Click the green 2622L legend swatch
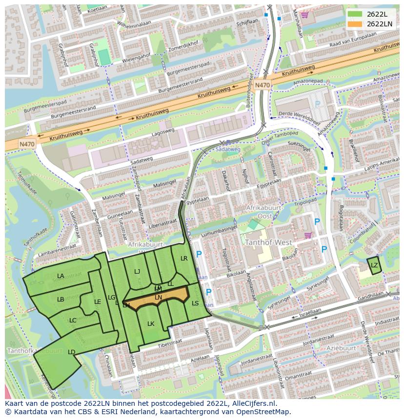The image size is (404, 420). (x=355, y=14)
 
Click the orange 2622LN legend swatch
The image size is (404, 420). (x=355, y=24)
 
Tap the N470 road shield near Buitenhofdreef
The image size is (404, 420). (x=262, y=85)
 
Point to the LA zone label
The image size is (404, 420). (x=61, y=276)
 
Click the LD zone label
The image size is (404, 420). (x=71, y=352)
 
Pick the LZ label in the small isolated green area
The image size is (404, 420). (x=374, y=265)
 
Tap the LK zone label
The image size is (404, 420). (x=151, y=324)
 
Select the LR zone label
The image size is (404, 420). (x=184, y=259)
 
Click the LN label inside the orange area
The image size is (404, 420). (x=158, y=297)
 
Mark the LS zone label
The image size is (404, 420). (x=195, y=303)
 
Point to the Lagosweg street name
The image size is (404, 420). (x=163, y=132)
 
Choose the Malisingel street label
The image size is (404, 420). (x=164, y=183)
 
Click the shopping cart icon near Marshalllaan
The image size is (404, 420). (x=305, y=15)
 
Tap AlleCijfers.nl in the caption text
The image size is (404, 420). (x=253, y=404)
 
